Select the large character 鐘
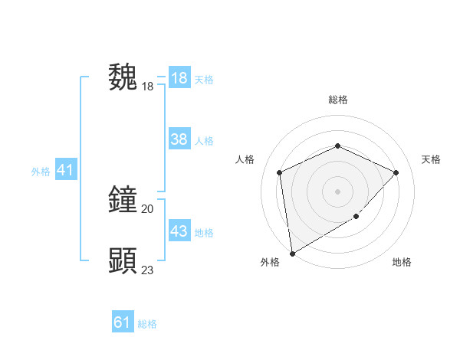click(x=123, y=201)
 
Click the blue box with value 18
click(x=179, y=78)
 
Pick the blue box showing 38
click(x=179, y=139)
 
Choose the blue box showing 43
click(x=179, y=231)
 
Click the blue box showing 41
click(x=65, y=170)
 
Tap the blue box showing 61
click(x=123, y=322)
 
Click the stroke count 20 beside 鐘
click(x=148, y=208)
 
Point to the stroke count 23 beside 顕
click(x=148, y=270)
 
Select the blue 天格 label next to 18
click(x=204, y=79)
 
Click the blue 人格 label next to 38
click(x=204, y=140)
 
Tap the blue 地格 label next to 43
click(x=204, y=232)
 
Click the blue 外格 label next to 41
click(x=41, y=172)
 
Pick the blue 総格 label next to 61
click(x=147, y=324)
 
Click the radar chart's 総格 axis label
click(x=337, y=100)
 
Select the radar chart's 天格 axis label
click(x=431, y=159)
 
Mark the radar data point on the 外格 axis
click(x=292, y=253)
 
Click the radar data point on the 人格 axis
click(x=280, y=172)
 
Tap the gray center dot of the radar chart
click(x=337, y=191)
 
